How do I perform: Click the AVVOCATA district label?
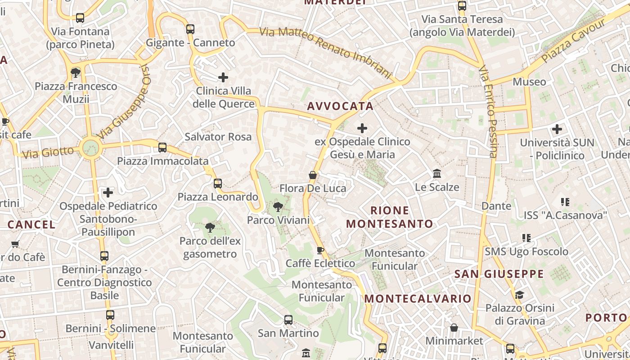tap(340, 106)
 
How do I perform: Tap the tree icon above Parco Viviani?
tap(278, 207)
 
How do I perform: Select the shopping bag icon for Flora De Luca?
tap(313, 175)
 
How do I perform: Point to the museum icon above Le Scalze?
tap(436, 174)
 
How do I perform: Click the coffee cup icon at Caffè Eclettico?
tap(320, 250)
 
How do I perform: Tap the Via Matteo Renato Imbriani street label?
tap(326, 52)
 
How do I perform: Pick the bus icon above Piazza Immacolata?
tap(162, 148)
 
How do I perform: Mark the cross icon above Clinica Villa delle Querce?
tap(223, 77)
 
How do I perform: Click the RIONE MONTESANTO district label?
tap(390, 217)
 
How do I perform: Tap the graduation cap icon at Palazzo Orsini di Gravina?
tap(519, 295)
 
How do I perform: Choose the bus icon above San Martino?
tap(288, 320)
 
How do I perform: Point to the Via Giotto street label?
tap(48, 152)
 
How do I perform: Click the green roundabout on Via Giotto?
tap(90, 148)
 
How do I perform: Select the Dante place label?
tap(496, 206)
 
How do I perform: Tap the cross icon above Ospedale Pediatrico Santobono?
tap(108, 193)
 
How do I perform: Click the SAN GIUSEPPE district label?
tap(499, 274)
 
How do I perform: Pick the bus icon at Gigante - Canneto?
tap(190, 29)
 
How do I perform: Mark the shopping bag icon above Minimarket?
tap(454, 327)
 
